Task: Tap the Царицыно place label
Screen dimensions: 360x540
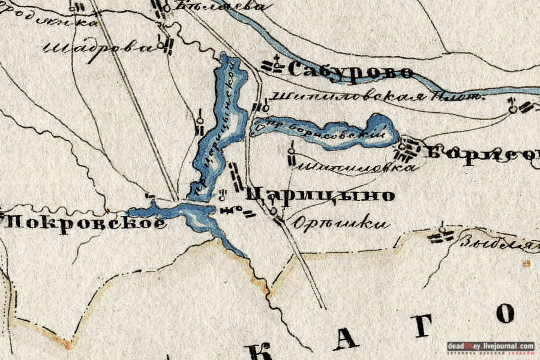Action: (x=320, y=195)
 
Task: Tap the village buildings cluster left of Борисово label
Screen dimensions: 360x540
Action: (x=411, y=149)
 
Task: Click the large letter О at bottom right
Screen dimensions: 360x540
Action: (x=506, y=314)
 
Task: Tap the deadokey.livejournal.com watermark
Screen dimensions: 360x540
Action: (x=490, y=347)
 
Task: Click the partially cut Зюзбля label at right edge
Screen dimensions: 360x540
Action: (x=498, y=243)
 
